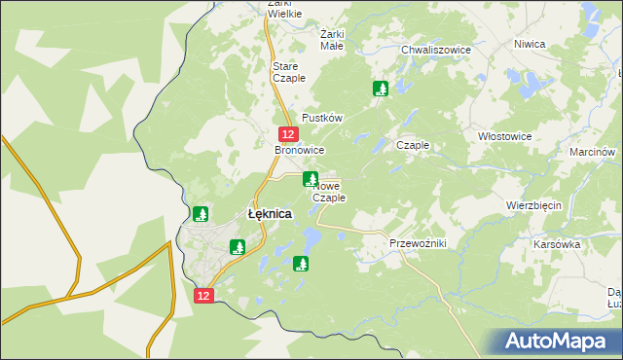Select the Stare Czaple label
tap(289, 71)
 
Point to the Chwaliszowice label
tap(436, 50)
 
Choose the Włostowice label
tap(505, 137)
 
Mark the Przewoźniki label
tap(417, 243)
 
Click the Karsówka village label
tap(557, 244)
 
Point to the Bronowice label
tap(299, 151)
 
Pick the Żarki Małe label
tap(332, 39)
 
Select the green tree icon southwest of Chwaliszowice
tap(381, 90)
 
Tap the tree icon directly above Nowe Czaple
tap(311, 178)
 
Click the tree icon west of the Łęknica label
tap(201, 214)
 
